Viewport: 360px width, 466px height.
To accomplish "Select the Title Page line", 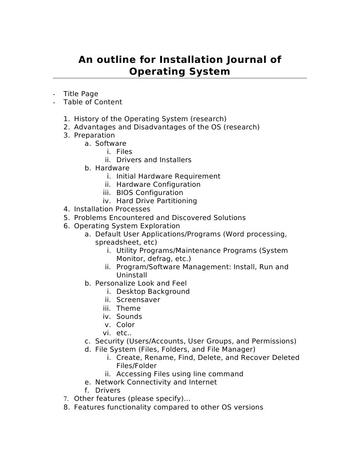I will coord(81,94).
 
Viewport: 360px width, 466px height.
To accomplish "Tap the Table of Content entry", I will coord(92,102).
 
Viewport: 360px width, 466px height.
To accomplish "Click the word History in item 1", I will coord(86,119).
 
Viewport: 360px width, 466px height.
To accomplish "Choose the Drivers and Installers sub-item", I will coord(154,160).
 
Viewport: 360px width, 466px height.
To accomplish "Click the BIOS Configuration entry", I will coord(150,193).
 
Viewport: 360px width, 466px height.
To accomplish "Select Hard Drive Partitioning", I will coord(157,201).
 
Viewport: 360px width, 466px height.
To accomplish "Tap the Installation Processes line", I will coord(112,209).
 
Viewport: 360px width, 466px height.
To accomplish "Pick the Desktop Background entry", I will coord(153,292).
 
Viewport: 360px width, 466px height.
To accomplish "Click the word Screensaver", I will coord(138,300).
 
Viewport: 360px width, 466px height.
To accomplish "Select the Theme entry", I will coord(128,308).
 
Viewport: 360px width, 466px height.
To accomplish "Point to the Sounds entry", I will coord(129,317).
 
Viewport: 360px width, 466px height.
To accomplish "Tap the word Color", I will coord(126,325).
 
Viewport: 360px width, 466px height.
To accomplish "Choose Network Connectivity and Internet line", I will coord(156,382).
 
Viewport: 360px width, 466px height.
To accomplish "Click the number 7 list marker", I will coord(66,399).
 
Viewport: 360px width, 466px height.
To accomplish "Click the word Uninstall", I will coord(132,275).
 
